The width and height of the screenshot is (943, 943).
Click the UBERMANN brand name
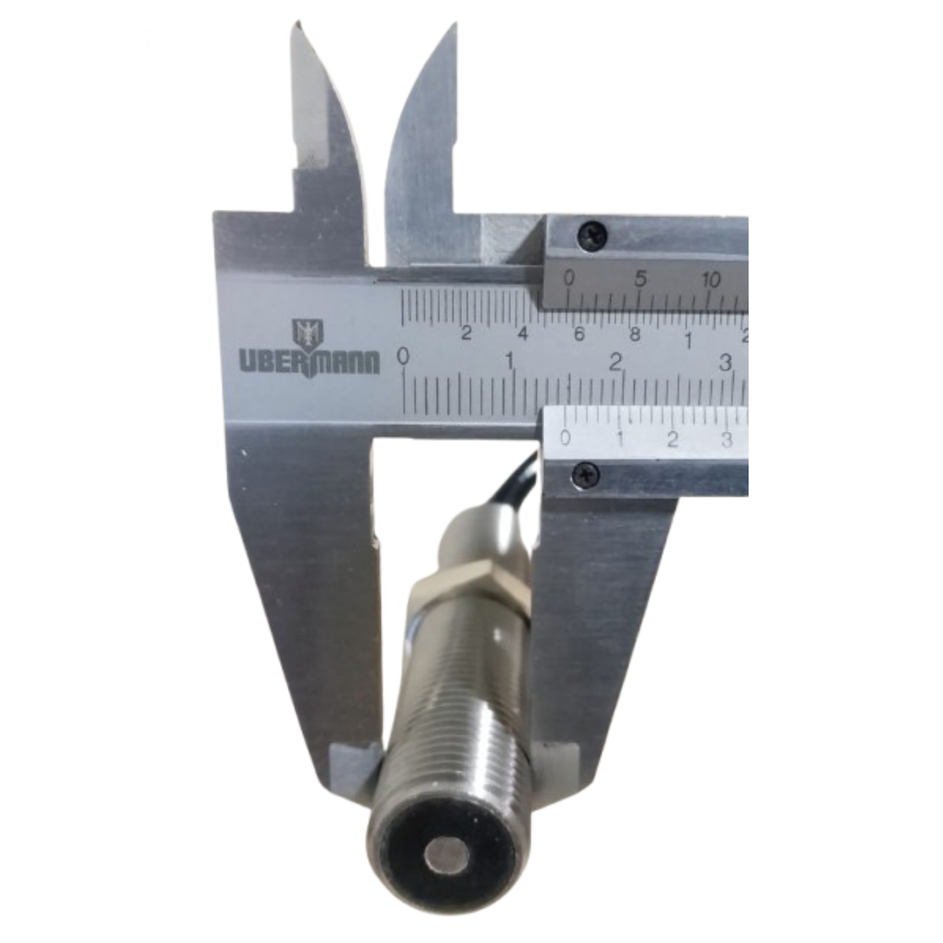tap(310, 362)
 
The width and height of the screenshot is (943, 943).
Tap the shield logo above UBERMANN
tap(308, 333)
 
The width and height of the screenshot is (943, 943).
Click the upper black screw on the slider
tap(592, 235)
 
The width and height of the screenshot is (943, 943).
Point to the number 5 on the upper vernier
tap(640, 278)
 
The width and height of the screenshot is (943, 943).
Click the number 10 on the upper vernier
tap(710, 279)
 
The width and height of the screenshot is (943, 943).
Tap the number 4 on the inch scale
tap(523, 334)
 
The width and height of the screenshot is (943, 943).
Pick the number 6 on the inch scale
tap(579, 334)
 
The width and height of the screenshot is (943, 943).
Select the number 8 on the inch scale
tap(635, 334)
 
